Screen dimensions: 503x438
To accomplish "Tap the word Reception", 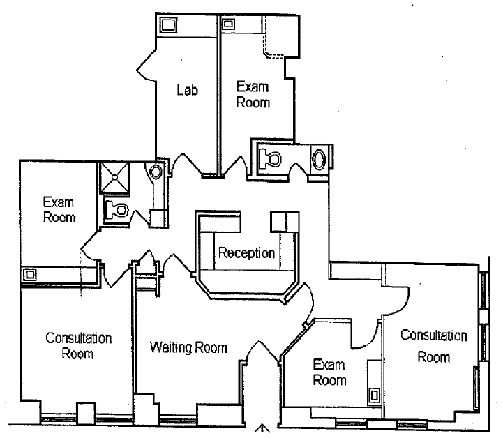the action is coord(246,252).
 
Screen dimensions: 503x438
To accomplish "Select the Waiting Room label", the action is coord(189,347).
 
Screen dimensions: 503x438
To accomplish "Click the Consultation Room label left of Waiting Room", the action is coord(78,345).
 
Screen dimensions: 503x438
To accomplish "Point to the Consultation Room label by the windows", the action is coord(433,346).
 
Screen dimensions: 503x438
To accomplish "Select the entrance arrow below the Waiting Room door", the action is coord(263,430).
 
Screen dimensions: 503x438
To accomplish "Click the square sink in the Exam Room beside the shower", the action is coord(31,274).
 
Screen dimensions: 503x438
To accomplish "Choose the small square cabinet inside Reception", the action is coord(283,222).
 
